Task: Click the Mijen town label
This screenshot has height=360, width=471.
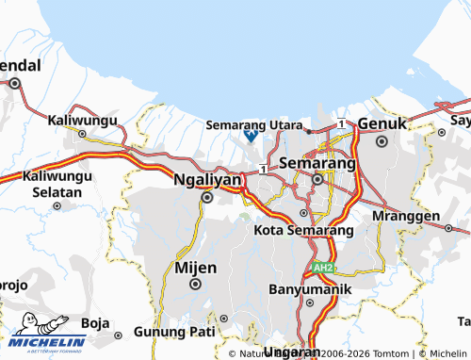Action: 196,267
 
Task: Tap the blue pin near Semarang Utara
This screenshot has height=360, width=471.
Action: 251,135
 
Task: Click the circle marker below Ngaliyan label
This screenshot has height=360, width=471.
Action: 207,197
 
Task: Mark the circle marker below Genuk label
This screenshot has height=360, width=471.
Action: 382,141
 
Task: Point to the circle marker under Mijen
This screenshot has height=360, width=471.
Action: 196,284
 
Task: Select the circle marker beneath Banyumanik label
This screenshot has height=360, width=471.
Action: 309,303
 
